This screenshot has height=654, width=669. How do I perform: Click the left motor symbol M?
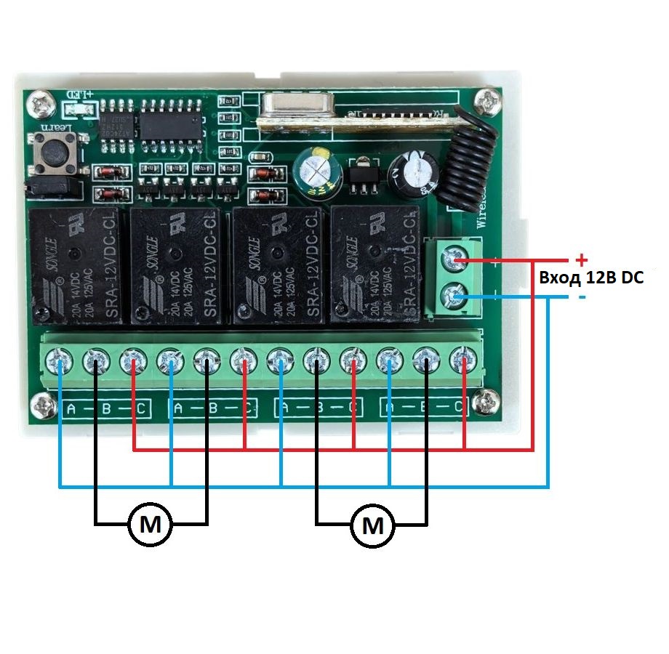coord(151,523)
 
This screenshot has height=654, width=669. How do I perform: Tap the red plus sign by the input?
coord(580,259)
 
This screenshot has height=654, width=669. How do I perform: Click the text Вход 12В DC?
coord(590,278)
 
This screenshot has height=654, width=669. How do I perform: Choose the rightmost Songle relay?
coord(375,263)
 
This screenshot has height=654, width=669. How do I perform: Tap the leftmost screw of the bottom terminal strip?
coord(60,358)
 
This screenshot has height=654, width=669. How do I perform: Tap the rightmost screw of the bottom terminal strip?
coord(463,358)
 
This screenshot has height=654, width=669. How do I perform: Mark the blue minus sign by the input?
coord(582,299)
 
